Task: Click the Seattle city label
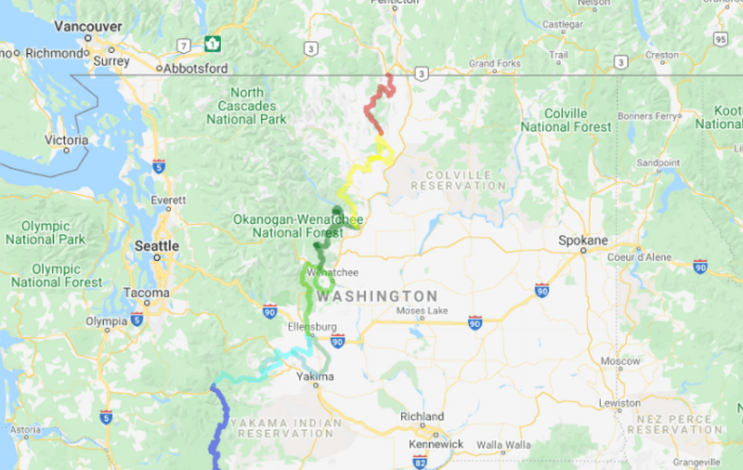tap(156, 245)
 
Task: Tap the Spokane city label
tap(582, 240)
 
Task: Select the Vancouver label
tap(87, 26)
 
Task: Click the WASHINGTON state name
tap(376, 296)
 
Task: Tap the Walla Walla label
tap(503, 445)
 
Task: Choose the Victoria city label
tap(66, 140)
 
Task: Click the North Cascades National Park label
tap(247, 106)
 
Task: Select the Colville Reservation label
tap(465, 179)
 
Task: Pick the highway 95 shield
tap(721, 39)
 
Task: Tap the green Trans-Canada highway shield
tap(213, 44)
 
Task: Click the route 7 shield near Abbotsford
tap(186, 44)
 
